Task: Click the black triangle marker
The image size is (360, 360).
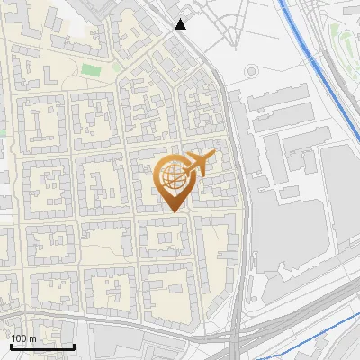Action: click(181, 24)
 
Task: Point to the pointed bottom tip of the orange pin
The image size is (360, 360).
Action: click(173, 212)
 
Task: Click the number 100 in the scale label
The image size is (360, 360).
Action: click(18, 338)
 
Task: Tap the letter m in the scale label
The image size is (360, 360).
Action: click(31, 338)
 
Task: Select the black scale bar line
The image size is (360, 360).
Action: click(41, 346)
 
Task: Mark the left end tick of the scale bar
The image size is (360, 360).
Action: click(10, 345)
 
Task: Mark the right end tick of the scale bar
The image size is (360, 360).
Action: click(74, 345)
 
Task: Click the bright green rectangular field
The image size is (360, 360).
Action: click(91, 69)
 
